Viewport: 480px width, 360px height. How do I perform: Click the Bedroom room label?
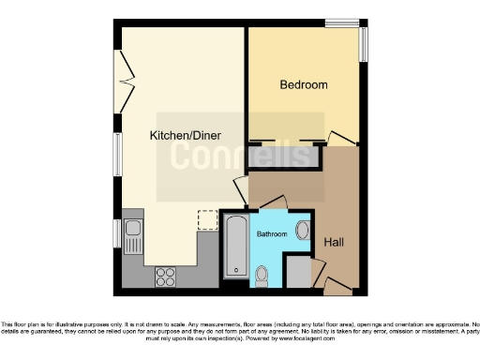pyautogui.click(x=304, y=85)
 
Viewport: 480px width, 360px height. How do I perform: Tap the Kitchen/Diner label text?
pyautogui.click(x=185, y=136)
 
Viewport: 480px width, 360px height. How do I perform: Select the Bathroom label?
pyautogui.click(x=272, y=233)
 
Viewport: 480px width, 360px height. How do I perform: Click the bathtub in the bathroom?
pyautogui.click(x=235, y=246)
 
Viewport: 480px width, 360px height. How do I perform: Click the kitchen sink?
pyautogui.click(x=132, y=234)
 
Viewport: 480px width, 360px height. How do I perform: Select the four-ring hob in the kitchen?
pyautogui.click(x=166, y=277)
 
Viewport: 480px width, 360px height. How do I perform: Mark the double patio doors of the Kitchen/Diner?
pyautogui.click(x=119, y=80)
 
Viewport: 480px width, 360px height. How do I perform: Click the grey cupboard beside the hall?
pyautogui.click(x=299, y=272)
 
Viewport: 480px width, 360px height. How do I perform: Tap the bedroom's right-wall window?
pyautogui.click(x=365, y=45)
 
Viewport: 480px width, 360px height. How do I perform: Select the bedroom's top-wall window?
pyautogui.click(x=345, y=22)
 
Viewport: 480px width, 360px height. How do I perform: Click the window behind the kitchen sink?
pyautogui.click(x=117, y=232)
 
